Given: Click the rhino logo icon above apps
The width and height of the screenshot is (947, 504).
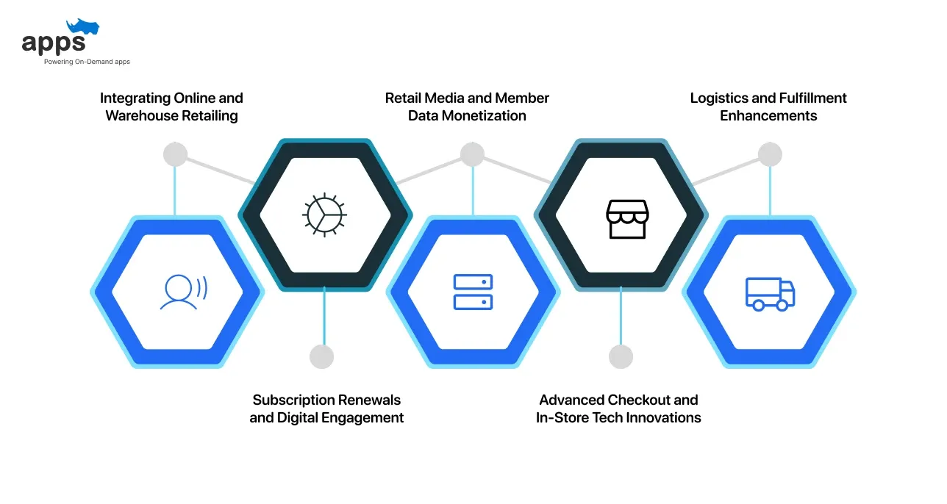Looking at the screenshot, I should pos(82,28).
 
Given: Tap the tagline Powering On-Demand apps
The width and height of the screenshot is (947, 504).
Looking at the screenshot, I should pos(87,62).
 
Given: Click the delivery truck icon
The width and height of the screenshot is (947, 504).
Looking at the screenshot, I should pos(770,293).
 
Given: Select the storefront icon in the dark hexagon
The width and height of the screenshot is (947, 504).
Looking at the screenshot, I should pos(627,218).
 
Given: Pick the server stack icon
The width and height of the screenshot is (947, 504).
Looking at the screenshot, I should pos(473,292).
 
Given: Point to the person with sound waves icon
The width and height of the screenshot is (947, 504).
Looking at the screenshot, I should pos(182,292).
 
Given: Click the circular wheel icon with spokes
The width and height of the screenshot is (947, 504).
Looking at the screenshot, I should pos(324,215).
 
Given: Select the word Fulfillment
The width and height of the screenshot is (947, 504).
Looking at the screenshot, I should pos(810,98).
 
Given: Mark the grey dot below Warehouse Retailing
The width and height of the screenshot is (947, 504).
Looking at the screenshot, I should pos(175,154).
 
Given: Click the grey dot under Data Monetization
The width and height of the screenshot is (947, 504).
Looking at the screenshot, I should pos(472,154).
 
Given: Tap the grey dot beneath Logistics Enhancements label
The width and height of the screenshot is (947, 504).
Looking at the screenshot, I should pos(770,154).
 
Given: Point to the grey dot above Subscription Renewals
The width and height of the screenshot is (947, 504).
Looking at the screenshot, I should pos(322,356).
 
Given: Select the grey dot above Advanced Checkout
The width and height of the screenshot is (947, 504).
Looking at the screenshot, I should pos(621,356).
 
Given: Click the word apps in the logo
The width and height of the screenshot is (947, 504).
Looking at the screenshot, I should pos(54,44).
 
